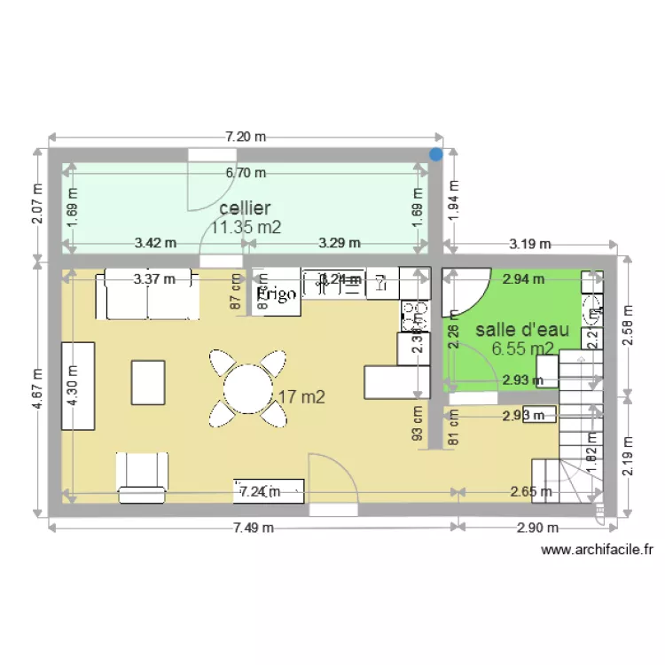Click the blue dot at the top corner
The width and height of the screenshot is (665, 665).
[x=435, y=155]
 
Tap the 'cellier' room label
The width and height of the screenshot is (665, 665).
[x=245, y=207]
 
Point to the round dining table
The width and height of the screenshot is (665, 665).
[x=248, y=387]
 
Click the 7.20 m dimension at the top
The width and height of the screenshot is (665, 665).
[x=246, y=137]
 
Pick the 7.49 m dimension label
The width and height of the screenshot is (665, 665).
[x=254, y=528]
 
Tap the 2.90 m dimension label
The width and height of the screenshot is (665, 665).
[x=538, y=528]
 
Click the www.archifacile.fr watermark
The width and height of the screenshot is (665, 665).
[x=598, y=550]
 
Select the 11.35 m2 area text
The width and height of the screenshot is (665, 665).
[x=246, y=227]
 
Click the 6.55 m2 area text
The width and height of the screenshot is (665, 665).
[x=523, y=348]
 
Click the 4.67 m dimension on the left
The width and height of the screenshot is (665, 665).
[x=37, y=388]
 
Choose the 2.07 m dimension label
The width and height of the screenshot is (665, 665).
[x=37, y=204]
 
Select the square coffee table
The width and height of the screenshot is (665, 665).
[x=149, y=382]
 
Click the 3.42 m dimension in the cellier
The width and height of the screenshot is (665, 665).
[x=155, y=242]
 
